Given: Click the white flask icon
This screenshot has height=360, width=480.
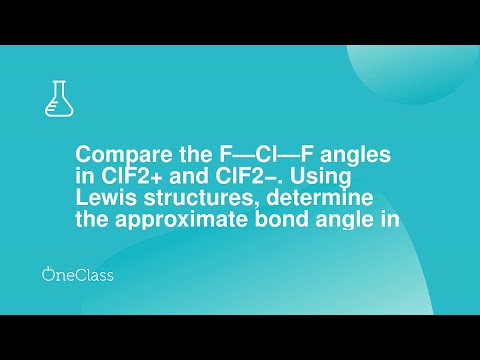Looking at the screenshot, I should tap(59, 96).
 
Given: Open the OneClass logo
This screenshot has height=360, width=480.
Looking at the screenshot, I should tap(77, 273).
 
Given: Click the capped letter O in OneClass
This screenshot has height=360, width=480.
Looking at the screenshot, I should tap(49, 273).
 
